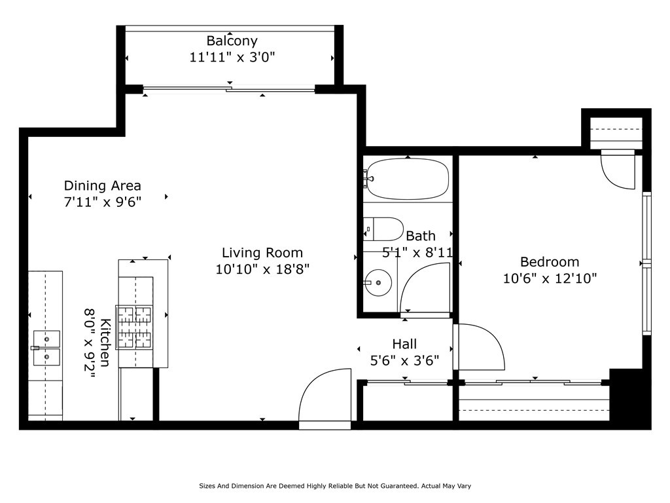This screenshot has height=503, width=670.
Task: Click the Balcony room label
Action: click(x=232, y=41)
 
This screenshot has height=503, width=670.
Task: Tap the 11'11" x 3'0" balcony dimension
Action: click(x=232, y=57)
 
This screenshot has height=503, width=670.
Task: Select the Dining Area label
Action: click(x=103, y=185)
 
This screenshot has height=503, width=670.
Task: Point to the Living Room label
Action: click(x=262, y=253)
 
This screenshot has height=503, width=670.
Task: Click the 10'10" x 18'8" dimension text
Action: click(x=262, y=269)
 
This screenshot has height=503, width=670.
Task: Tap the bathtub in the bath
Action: click(x=408, y=179)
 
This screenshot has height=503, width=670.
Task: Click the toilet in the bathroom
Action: click(x=383, y=229)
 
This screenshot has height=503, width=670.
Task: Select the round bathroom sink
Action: click(x=378, y=283)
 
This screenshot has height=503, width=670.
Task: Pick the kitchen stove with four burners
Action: click(x=134, y=328)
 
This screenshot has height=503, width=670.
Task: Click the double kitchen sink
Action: click(x=46, y=348)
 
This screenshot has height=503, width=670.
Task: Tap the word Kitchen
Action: click(x=105, y=343)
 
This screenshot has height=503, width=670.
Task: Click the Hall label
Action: click(x=404, y=344)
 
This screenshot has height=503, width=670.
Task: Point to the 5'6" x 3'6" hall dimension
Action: click(x=404, y=361)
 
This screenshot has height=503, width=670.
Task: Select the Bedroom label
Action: click(x=550, y=262)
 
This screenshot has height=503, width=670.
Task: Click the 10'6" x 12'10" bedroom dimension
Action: click(x=550, y=278)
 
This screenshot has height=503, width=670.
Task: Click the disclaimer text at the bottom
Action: click(x=335, y=486)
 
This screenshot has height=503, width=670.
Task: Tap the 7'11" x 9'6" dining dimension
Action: click(x=103, y=202)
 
